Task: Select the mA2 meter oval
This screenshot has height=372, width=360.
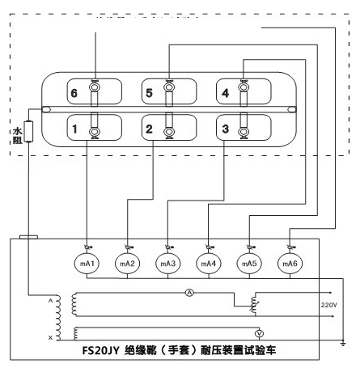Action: tap(128, 264)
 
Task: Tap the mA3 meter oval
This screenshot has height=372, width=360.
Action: tap(168, 264)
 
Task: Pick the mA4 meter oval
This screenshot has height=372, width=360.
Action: tap(209, 264)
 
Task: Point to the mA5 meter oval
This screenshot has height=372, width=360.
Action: tap(249, 264)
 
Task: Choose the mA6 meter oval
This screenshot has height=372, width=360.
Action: tap(290, 264)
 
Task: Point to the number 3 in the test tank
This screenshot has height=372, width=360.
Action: tap(226, 128)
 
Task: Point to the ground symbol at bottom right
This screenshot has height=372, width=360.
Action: tap(344, 344)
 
